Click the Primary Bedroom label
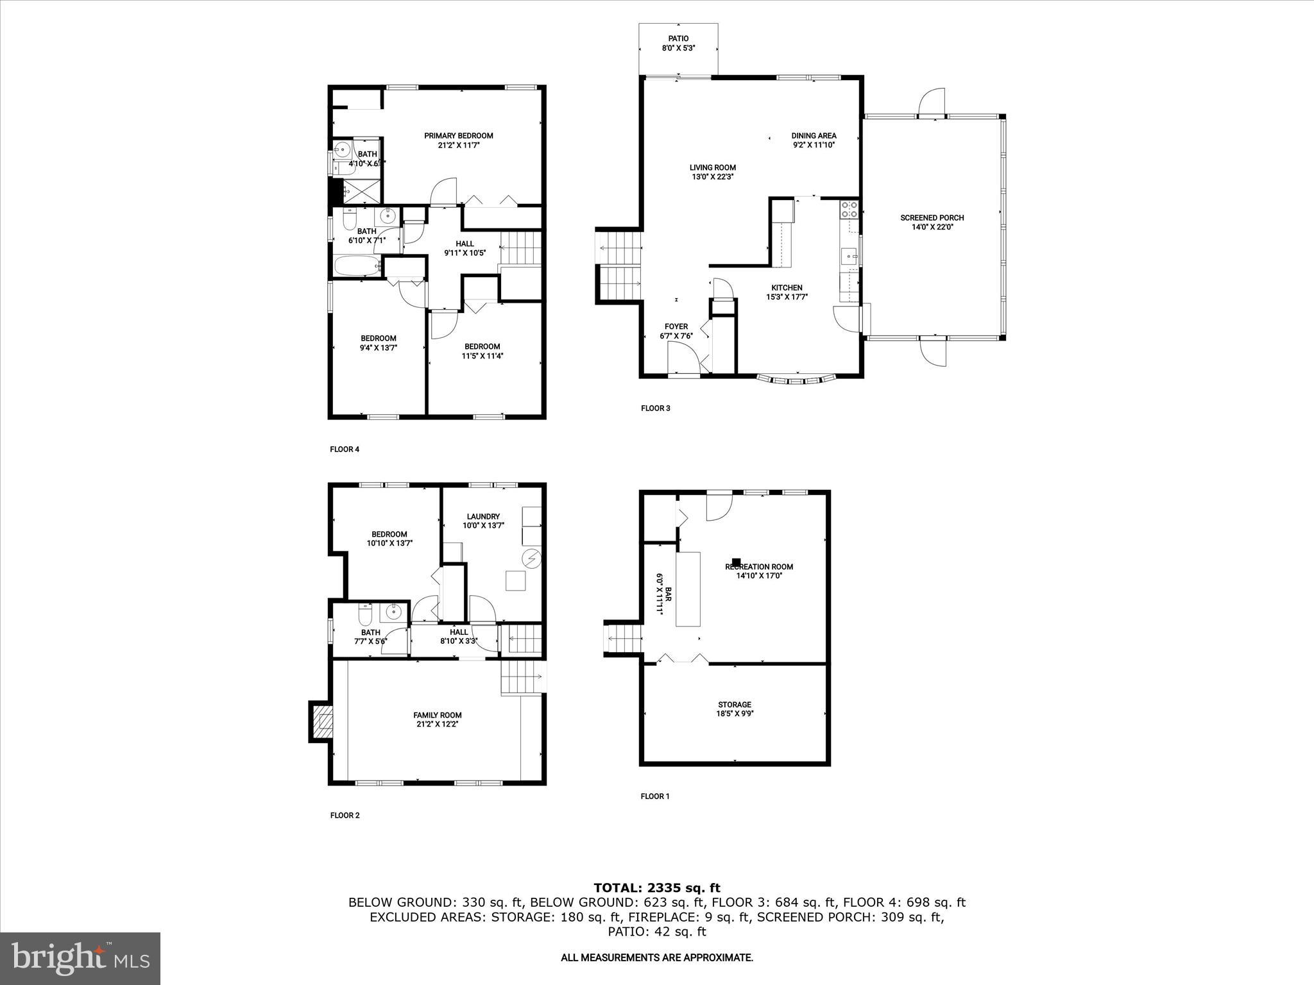pyautogui.click(x=458, y=140)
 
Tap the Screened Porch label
pyautogui.click(x=932, y=222)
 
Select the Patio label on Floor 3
pyautogui.click(x=678, y=43)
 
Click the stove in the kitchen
pyautogui.click(x=849, y=208)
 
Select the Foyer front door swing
pyautogui.click(x=681, y=357)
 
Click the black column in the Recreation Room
pyautogui.click(x=736, y=562)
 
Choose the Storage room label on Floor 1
pyautogui.click(x=735, y=709)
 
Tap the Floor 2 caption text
pyautogui.click(x=345, y=815)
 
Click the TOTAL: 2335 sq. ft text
pyautogui.click(x=656, y=888)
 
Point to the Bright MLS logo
pyautogui.click(x=80, y=958)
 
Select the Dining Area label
pyautogui.click(x=814, y=140)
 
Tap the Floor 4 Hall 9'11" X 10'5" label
pyautogui.click(x=465, y=248)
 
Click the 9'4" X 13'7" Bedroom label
pyautogui.click(x=378, y=343)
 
